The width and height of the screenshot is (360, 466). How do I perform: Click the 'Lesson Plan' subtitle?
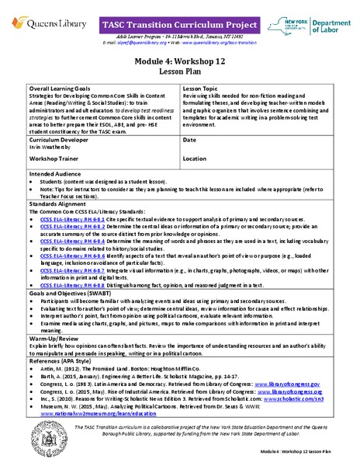coord(180,71)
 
